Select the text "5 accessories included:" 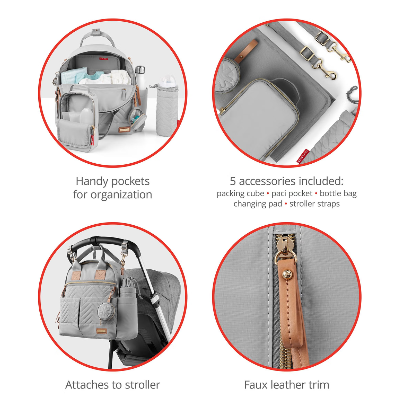(287, 181)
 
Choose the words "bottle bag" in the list (338, 193)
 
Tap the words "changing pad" (257, 204)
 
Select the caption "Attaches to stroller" (112, 385)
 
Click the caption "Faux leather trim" (287, 385)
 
